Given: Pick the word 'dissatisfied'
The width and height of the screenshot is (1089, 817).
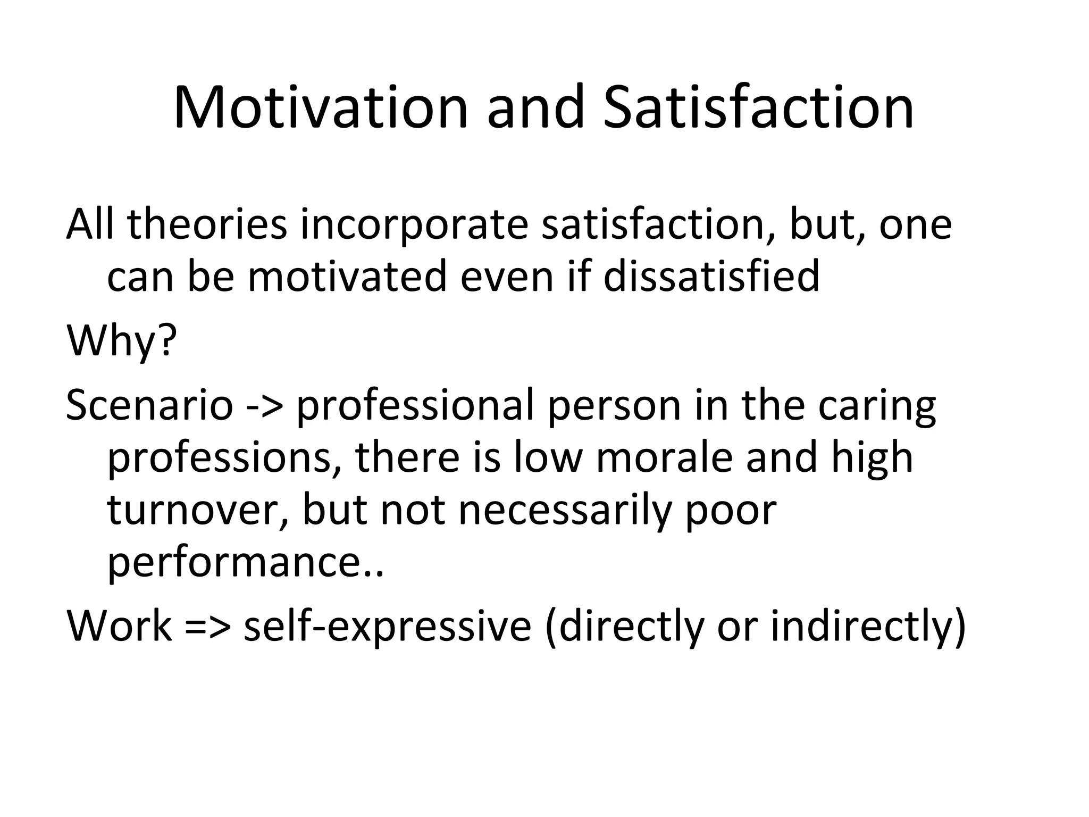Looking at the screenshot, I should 711,277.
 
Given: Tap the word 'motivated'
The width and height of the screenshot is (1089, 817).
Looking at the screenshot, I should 347,277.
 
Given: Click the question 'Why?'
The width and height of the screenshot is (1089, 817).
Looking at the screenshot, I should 121,341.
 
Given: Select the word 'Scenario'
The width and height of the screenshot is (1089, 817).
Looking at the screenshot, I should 149,405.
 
